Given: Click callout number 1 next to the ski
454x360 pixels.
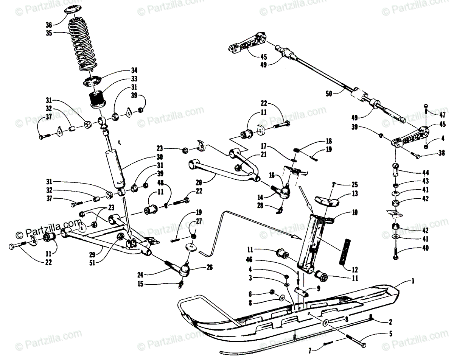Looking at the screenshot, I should point(414,281).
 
